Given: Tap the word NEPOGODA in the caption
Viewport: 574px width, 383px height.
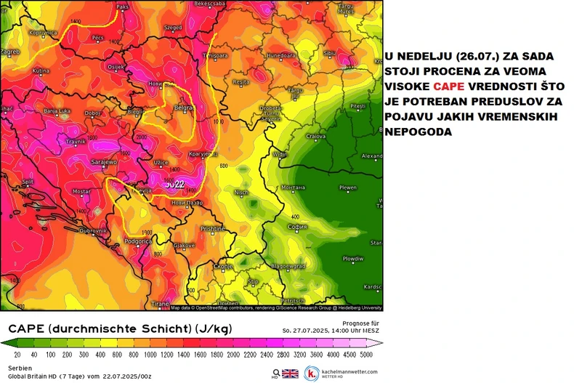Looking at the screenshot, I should point(419,132).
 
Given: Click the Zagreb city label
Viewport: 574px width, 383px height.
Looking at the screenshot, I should point(9,52).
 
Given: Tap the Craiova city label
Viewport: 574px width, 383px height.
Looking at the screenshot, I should point(315,136).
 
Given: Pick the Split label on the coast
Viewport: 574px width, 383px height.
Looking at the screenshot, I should point(27,182).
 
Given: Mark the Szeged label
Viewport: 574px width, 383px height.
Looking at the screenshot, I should point(174,27).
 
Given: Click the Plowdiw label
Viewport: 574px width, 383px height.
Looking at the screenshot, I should point(353,258).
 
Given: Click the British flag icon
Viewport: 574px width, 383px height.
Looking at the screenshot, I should point(290,374).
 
